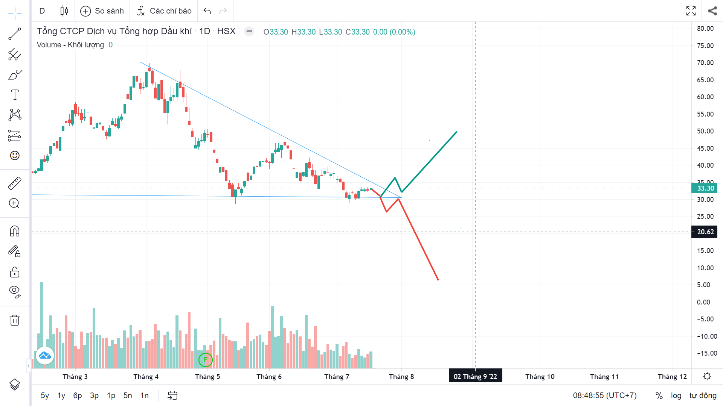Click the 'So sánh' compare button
[102, 11]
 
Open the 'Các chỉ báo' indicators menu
[164, 11]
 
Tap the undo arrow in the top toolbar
[207, 11]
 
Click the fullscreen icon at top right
[691, 11]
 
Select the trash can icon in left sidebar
[15, 320]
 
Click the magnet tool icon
[15, 231]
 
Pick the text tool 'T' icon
[15, 95]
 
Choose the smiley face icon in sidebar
[15, 155]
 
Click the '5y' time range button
[45, 395]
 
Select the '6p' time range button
[78, 395]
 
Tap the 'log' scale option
[676, 395]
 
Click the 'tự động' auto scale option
[703, 395]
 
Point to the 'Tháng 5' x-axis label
[207, 377]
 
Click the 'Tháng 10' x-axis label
[540, 377]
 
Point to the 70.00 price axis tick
[705, 63]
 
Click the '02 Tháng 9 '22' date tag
[475, 377]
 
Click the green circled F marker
[206, 360]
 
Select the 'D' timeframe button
[42, 11]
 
